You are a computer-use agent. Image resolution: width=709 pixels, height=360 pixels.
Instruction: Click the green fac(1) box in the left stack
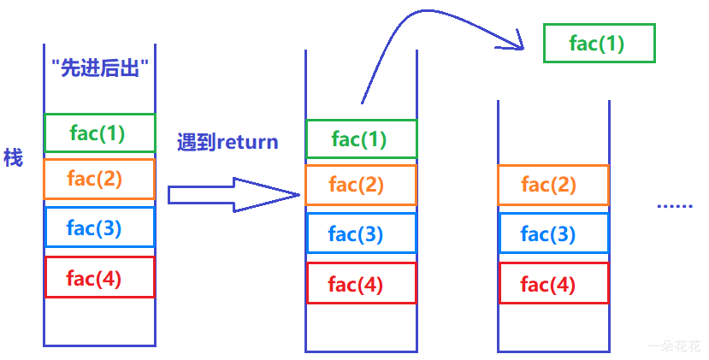99,133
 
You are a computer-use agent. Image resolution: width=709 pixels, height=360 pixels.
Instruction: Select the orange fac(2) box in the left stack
99,179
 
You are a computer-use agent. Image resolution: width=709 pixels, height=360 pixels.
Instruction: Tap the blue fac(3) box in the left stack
99,227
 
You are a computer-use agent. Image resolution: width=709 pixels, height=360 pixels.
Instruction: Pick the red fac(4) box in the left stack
99,277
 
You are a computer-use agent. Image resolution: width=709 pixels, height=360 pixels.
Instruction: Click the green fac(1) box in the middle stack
361,139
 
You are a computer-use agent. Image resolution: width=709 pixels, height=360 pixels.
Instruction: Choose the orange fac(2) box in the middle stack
361,184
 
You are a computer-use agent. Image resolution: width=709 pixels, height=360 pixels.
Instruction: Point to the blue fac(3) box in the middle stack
361,233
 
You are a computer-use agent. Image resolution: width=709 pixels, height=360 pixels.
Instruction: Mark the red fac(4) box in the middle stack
361,284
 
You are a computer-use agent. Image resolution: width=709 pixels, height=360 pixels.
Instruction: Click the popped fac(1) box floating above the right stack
599,43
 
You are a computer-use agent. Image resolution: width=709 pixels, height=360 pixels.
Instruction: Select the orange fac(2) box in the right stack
553,184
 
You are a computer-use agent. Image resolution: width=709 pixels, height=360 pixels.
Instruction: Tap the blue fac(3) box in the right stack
553,233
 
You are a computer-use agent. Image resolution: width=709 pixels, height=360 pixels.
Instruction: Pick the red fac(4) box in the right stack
553,284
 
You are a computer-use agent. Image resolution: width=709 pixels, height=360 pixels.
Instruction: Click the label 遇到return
227,142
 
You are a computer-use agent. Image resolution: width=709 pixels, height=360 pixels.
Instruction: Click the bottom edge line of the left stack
99,345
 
